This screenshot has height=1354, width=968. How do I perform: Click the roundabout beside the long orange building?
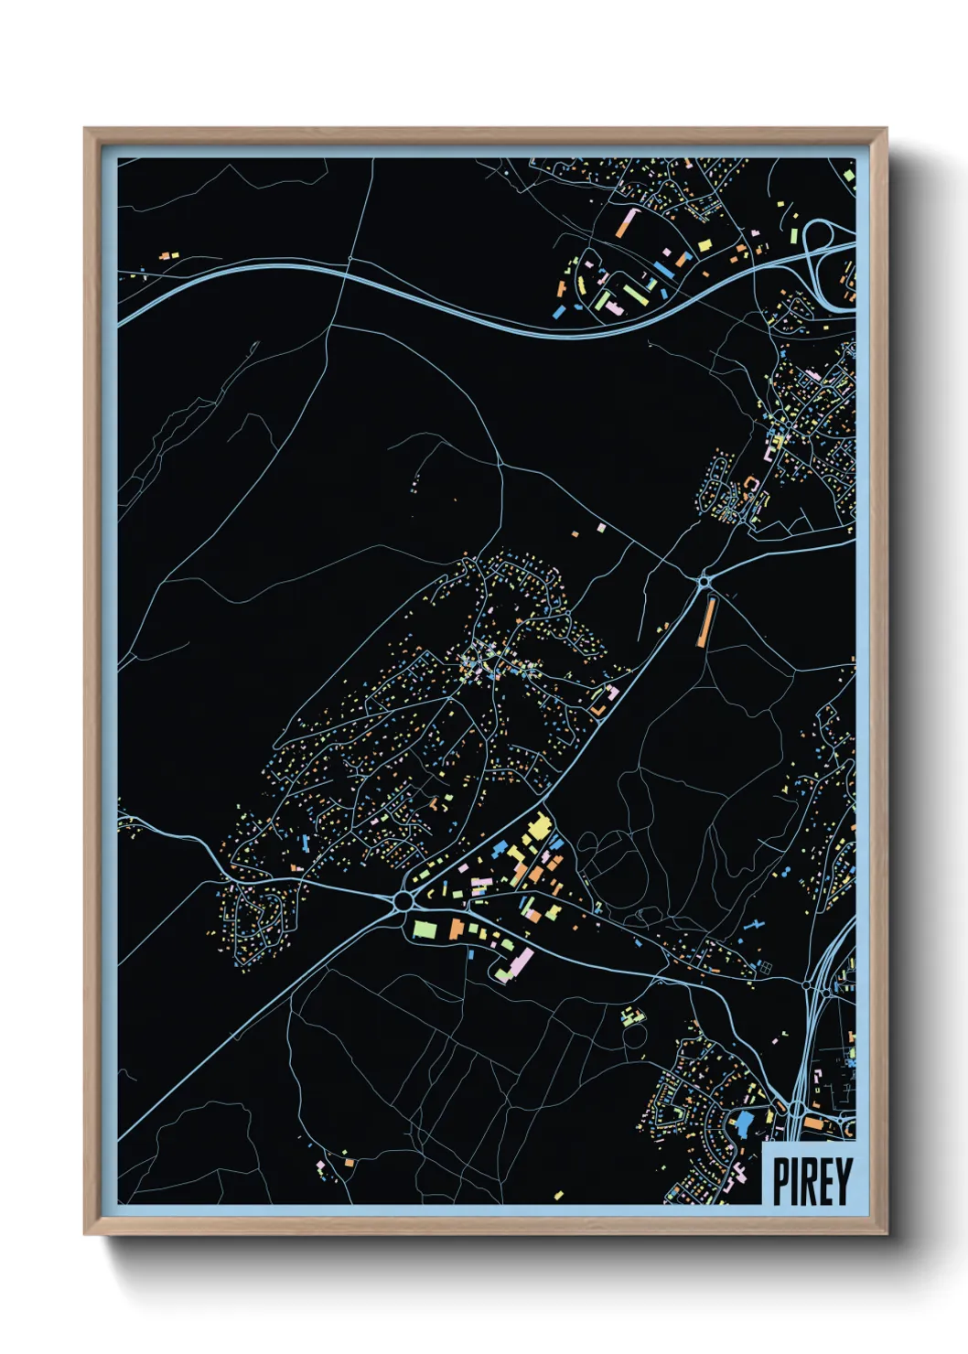coord(704,580)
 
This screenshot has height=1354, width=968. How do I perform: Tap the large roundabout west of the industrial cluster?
coord(403,902)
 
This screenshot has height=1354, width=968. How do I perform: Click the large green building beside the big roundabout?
coord(426,929)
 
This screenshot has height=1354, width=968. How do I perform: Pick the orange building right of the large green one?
coord(455,930)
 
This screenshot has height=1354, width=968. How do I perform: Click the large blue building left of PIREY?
coord(745,1123)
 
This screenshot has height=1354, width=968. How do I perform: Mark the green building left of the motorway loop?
coord(793,235)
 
